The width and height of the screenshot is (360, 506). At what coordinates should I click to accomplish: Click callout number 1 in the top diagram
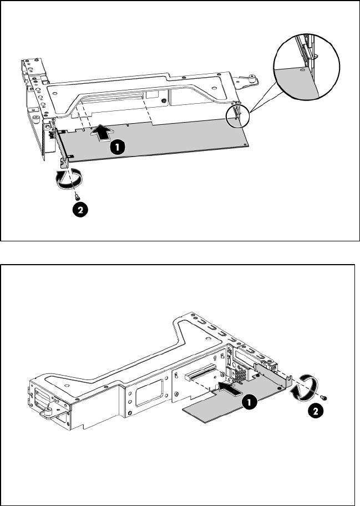117,147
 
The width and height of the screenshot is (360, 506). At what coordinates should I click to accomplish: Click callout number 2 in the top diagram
80,210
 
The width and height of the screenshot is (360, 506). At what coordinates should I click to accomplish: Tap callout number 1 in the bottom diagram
249,402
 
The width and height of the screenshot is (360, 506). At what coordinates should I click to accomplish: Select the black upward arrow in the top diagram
103,132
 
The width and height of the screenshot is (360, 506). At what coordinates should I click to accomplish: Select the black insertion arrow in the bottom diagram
230,388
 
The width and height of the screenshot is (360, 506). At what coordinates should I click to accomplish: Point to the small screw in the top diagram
77,196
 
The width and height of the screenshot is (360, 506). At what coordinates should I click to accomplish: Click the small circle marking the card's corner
238,115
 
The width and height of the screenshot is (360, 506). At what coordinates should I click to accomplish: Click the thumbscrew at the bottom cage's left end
48,412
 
